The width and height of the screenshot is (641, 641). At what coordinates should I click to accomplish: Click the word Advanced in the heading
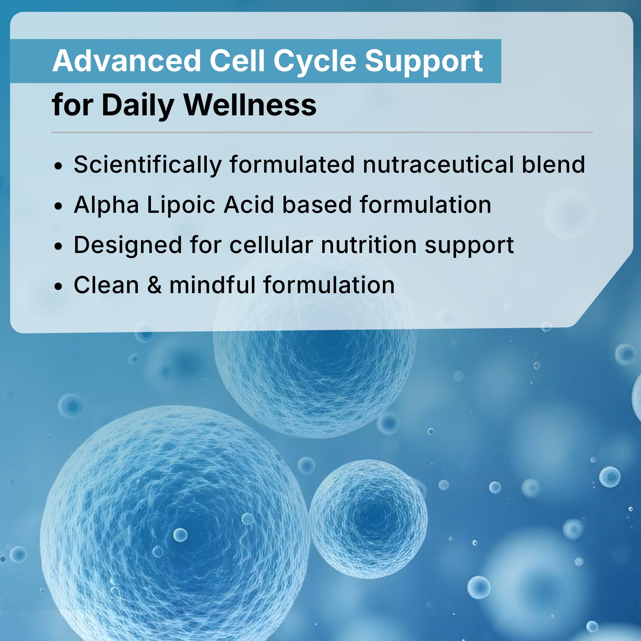click(126, 61)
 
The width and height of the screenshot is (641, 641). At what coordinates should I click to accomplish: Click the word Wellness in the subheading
click(250, 105)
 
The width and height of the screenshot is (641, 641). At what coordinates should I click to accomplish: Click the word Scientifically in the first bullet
click(148, 165)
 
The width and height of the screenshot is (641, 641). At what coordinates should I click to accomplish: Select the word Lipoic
click(181, 205)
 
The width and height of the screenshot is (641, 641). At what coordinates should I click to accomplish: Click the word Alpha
click(106, 205)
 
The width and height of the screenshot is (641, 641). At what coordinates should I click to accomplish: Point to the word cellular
click(271, 245)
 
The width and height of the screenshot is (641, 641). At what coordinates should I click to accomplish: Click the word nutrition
click(369, 245)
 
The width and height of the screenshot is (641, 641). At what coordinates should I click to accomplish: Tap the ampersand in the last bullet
click(154, 285)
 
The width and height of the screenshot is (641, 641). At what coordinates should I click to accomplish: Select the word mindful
click(212, 285)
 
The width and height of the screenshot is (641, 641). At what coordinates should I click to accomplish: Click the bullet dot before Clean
click(58, 286)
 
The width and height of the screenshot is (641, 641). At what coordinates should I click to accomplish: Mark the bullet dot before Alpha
click(58, 206)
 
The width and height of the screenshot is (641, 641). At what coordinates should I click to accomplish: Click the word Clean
click(106, 285)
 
